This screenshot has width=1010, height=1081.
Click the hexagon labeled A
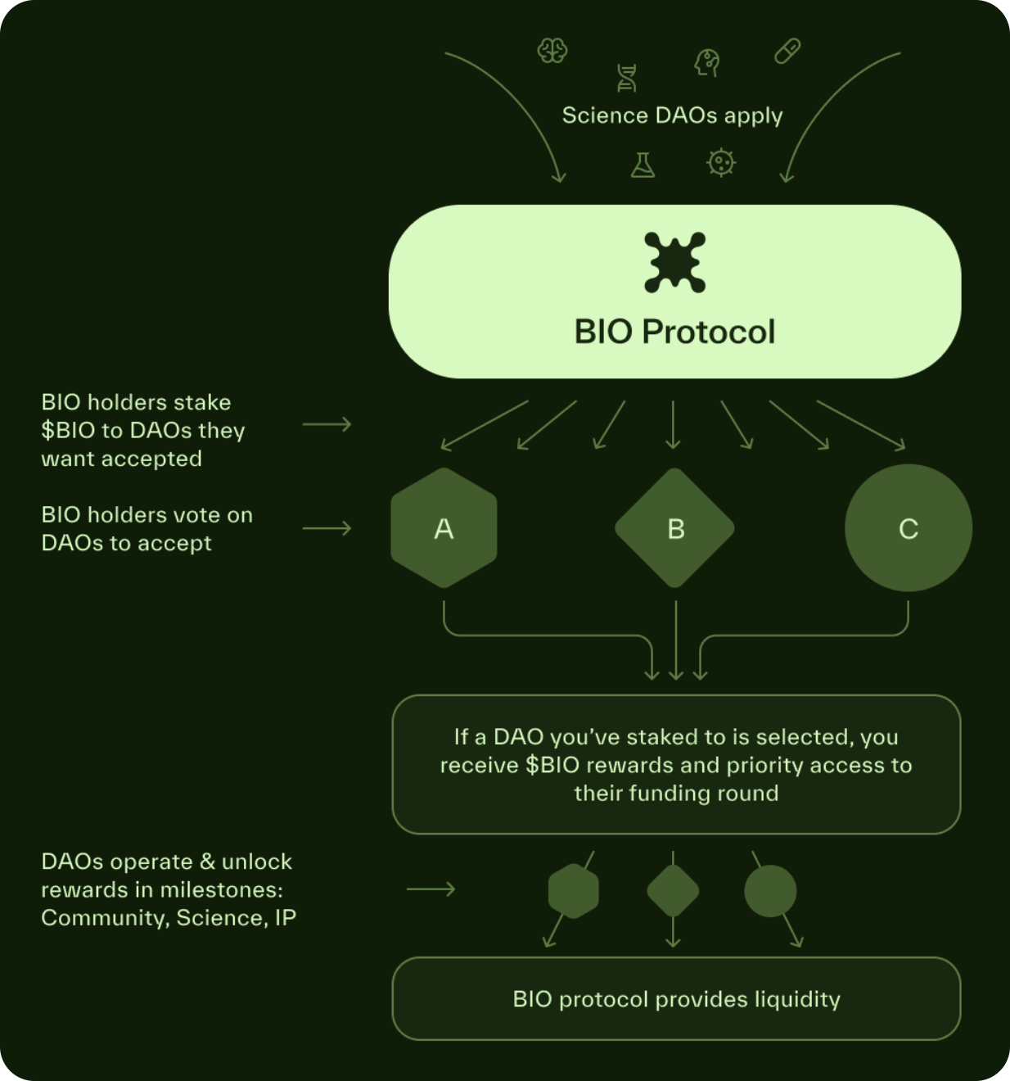(x=444, y=528)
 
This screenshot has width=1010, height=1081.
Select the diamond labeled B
(x=674, y=528)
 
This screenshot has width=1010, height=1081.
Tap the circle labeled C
(x=908, y=528)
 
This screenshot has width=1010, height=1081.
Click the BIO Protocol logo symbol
(x=674, y=262)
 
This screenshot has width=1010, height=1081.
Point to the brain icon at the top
(x=552, y=51)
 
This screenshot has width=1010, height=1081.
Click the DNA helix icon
(x=626, y=78)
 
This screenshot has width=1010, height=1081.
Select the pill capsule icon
(x=787, y=51)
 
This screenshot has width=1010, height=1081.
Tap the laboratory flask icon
(x=643, y=165)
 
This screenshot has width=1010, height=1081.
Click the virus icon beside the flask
(x=721, y=163)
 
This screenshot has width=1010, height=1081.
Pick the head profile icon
(x=707, y=62)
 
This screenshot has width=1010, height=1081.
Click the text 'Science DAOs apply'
(x=672, y=115)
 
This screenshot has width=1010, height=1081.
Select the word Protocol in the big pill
(x=708, y=332)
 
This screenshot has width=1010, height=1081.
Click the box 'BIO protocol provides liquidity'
(x=676, y=998)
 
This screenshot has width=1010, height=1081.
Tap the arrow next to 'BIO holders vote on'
(x=327, y=529)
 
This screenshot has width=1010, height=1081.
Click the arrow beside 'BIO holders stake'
(x=327, y=424)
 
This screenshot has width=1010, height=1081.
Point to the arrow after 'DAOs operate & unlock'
(x=431, y=889)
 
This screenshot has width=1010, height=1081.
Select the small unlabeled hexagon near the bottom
(x=573, y=891)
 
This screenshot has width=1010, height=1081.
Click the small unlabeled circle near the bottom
(x=770, y=891)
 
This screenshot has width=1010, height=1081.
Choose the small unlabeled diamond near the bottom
(x=673, y=891)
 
